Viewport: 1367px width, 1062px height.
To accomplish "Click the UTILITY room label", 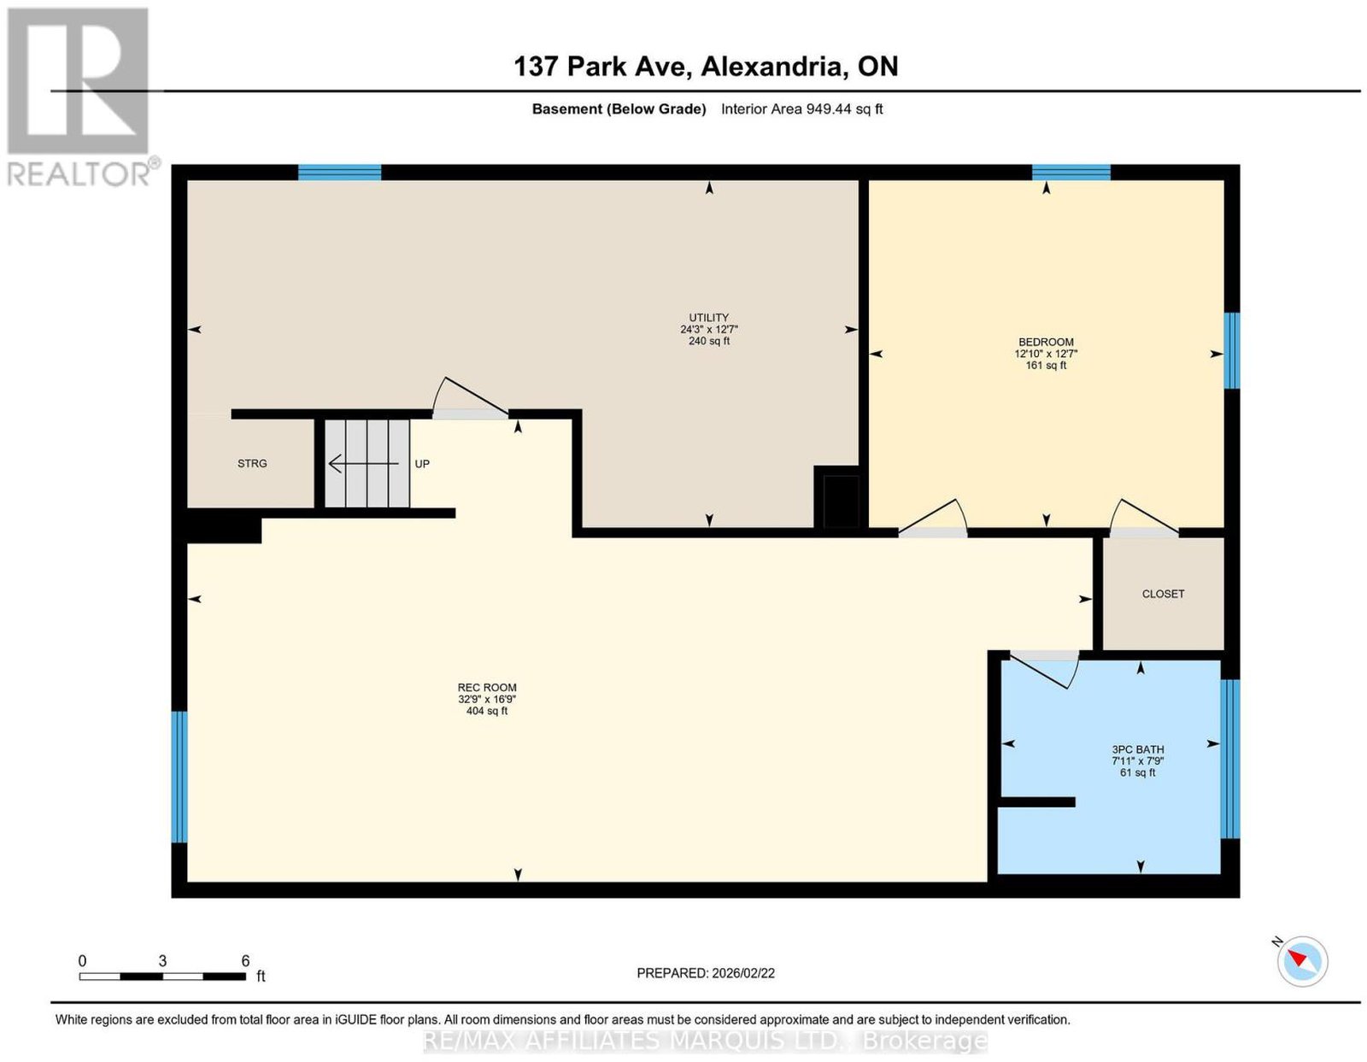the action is tap(708, 318).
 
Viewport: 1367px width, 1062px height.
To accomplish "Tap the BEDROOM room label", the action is tap(1046, 342).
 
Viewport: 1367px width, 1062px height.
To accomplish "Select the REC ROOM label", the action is tap(487, 687).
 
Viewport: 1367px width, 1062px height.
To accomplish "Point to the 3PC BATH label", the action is tap(1137, 749).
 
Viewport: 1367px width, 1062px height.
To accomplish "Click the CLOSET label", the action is tap(1163, 594).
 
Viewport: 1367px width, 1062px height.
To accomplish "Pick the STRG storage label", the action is tap(252, 463).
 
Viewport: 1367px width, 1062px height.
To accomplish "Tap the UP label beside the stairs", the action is tap(421, 464).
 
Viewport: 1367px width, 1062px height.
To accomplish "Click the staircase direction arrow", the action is tap(363, 463).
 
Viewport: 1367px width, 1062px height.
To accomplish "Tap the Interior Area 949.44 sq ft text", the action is tap(801, 109).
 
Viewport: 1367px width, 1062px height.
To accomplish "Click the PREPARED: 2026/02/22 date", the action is tap(705, 973).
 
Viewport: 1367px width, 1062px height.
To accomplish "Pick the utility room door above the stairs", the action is tap(470, 397).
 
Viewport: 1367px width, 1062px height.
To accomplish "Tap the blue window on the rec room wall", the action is tap(179, 777).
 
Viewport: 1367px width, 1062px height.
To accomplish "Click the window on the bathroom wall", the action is tap(1229, 759).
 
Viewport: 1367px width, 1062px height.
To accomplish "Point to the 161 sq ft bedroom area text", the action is tap(1046, 366).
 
